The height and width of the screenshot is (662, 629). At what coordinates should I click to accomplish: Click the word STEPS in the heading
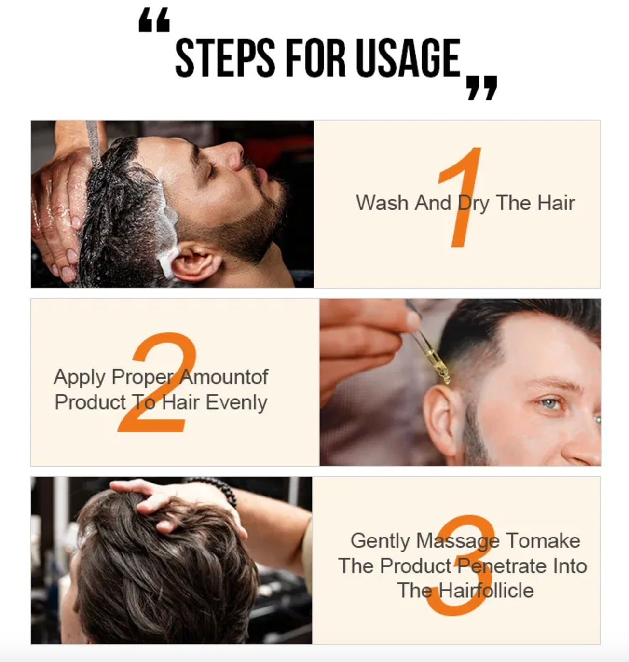click(x=225, y=57)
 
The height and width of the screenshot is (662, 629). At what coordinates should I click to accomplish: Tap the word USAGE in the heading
click(x=408, y=57)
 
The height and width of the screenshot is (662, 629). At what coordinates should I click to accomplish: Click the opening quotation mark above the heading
click(x=154, y=20)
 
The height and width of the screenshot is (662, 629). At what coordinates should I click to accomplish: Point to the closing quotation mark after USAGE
click(x=482, y=88)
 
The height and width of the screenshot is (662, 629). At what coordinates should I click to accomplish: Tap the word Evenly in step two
click(x=236, y=403)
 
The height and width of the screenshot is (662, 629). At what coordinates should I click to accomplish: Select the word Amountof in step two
click(x=224, y=377)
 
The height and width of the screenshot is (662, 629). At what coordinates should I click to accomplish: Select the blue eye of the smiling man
click(x=549, y=403)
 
